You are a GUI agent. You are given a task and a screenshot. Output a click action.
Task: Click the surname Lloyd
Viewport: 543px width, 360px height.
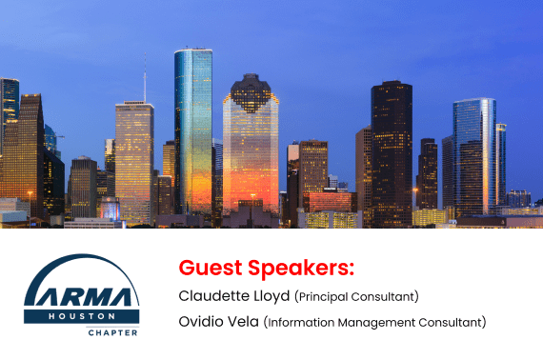(x=271, y=295)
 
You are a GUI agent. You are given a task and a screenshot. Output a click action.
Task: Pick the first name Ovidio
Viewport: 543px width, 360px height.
(x=200, y=322)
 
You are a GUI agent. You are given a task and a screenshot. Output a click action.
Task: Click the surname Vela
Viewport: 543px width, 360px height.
(x=242, y=322)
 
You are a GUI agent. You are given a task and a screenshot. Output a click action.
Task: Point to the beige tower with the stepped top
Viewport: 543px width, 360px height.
(x=134, y=157)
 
